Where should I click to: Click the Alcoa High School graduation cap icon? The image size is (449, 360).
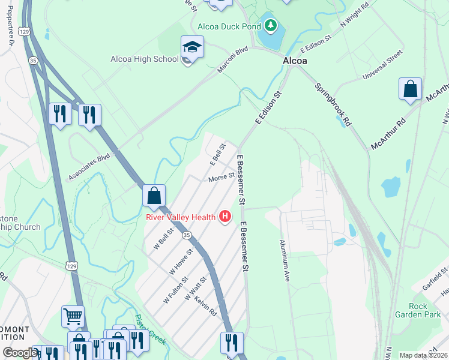click(x=192, y=46)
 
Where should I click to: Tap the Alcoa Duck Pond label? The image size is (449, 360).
click(x=229, y=26)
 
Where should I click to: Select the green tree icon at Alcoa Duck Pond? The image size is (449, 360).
click(x=271, y=25)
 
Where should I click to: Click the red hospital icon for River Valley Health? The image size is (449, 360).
click(x=225, y=217)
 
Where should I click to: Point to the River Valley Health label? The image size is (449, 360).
click(x=180, y=217)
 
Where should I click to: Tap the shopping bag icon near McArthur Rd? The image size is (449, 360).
click(x=410, y=89)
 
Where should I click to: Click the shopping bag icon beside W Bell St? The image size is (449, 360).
click(x=154, y=195)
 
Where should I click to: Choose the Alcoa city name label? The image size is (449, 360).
click(x=295, y=61)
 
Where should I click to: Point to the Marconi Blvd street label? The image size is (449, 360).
click(x=233, y=62)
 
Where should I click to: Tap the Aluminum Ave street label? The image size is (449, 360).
click(x=285, y=261)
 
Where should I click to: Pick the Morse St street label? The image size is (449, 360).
click(x=221, y=178)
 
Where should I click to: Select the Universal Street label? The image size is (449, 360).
click(x=382, y=67)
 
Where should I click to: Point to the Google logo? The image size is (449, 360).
click(x=20, y=353)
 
